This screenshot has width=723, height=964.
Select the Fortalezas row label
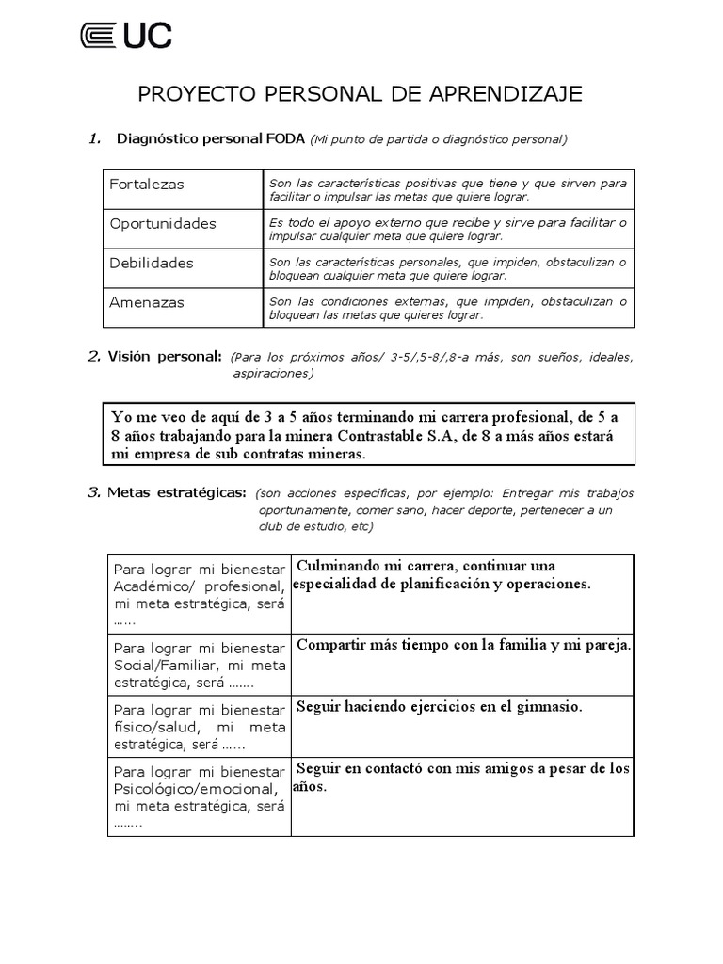pos(146,184)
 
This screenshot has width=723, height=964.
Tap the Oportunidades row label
pos(162,223)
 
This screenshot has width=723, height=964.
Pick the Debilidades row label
pos(151,263)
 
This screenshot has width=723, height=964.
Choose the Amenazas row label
pos(146,302)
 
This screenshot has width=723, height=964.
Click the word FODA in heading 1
pos(285,139)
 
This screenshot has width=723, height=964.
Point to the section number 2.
pos(93,357)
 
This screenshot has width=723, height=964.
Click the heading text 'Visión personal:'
pos(165,357)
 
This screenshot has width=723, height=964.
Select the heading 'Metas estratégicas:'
pos(177,492)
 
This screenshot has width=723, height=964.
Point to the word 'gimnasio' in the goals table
pos(545,706)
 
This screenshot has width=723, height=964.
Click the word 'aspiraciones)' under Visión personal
pos(273,374)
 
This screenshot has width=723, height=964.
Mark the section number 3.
pos(93,492)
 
